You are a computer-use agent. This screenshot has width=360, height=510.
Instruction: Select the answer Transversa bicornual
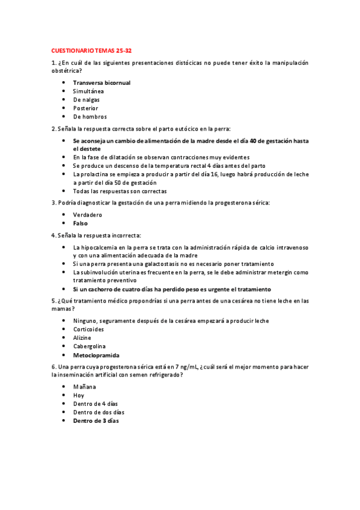point(102,82)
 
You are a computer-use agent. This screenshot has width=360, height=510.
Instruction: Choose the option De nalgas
point(87,100)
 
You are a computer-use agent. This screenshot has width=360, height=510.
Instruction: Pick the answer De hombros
point(90,117)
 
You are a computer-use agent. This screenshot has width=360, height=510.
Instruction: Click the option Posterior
point(85,108)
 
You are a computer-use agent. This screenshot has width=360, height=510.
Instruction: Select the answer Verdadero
point(88,215)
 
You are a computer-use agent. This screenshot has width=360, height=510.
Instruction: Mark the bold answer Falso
point(81,223)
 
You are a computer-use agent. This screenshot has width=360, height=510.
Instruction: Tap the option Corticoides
point(88,330)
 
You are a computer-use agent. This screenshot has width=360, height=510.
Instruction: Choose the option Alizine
point(83,338)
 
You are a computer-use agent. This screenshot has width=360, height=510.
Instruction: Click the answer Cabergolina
point(89,346)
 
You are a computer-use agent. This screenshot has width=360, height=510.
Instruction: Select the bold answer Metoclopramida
point(96,355)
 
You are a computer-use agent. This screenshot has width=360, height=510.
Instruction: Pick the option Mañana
point(84,387)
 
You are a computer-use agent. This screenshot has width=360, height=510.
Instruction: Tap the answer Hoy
point(79,395)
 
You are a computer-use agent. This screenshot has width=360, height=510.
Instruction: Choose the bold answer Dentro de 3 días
point(96,421)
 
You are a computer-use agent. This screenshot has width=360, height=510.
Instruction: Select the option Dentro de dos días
point(99,412)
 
